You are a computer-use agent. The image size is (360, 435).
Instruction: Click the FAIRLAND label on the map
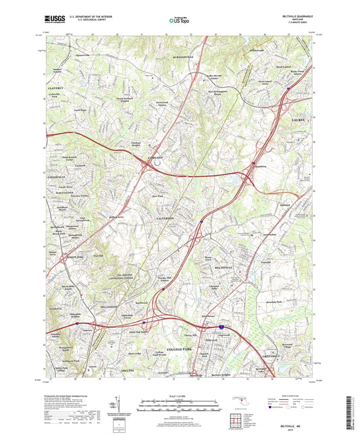[x=153, y=157]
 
